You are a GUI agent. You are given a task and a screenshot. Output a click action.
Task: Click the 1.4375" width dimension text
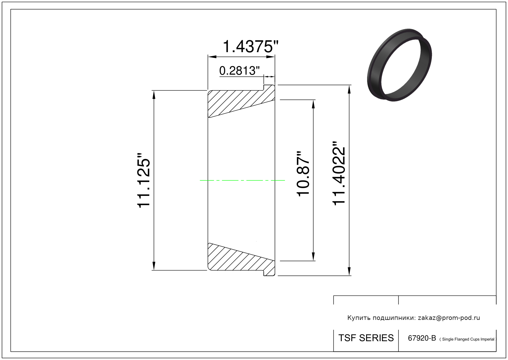pos(250,47)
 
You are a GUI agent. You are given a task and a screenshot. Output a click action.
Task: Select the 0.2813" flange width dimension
pos(239,71)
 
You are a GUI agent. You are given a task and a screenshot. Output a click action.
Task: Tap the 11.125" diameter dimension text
pos(143,180)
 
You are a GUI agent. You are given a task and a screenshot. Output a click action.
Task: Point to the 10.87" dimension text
pos(303,174)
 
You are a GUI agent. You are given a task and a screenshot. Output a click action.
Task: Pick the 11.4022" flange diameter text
pos(339,174)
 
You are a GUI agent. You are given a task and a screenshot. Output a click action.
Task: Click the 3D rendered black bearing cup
pos(399,65)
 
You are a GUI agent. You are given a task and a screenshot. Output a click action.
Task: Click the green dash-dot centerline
pos(242,180)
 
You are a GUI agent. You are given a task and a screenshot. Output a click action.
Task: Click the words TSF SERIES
pos(366,338)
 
